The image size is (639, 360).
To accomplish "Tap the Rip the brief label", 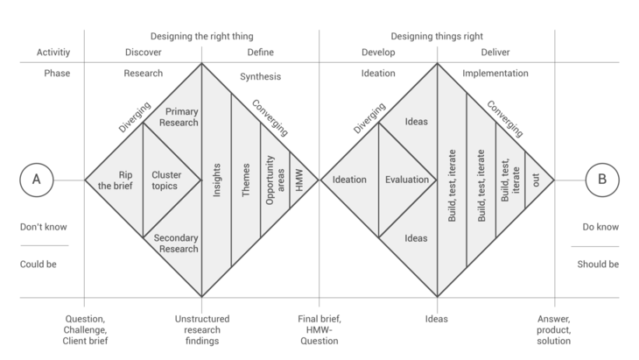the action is click(116, 180).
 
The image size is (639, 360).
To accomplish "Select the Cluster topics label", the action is click(166, 180).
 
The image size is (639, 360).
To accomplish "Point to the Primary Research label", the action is click(179, 117).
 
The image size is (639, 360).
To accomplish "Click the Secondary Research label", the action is click(176, 244).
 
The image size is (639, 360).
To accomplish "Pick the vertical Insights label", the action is click(217, 180).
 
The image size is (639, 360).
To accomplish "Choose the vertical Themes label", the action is click(246, 180).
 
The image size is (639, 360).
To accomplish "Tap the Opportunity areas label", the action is click(275, 180).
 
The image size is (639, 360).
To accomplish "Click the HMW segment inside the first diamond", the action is click(299, 180).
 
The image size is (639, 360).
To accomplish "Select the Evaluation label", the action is click(407, 180).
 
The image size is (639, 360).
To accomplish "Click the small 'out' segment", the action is click(536, 180).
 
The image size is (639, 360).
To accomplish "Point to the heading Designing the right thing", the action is click(201, 36).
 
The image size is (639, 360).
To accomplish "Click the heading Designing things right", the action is click(437, 36).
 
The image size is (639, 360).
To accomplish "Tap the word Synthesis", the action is click(260, 77).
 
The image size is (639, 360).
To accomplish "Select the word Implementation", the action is click(495, 74).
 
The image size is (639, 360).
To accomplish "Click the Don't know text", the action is click(44, 227).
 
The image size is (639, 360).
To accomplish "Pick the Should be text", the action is click(598, 265).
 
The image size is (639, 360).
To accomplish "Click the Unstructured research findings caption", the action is click(202, 330).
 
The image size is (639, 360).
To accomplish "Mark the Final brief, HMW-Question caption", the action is click(319, 330).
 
